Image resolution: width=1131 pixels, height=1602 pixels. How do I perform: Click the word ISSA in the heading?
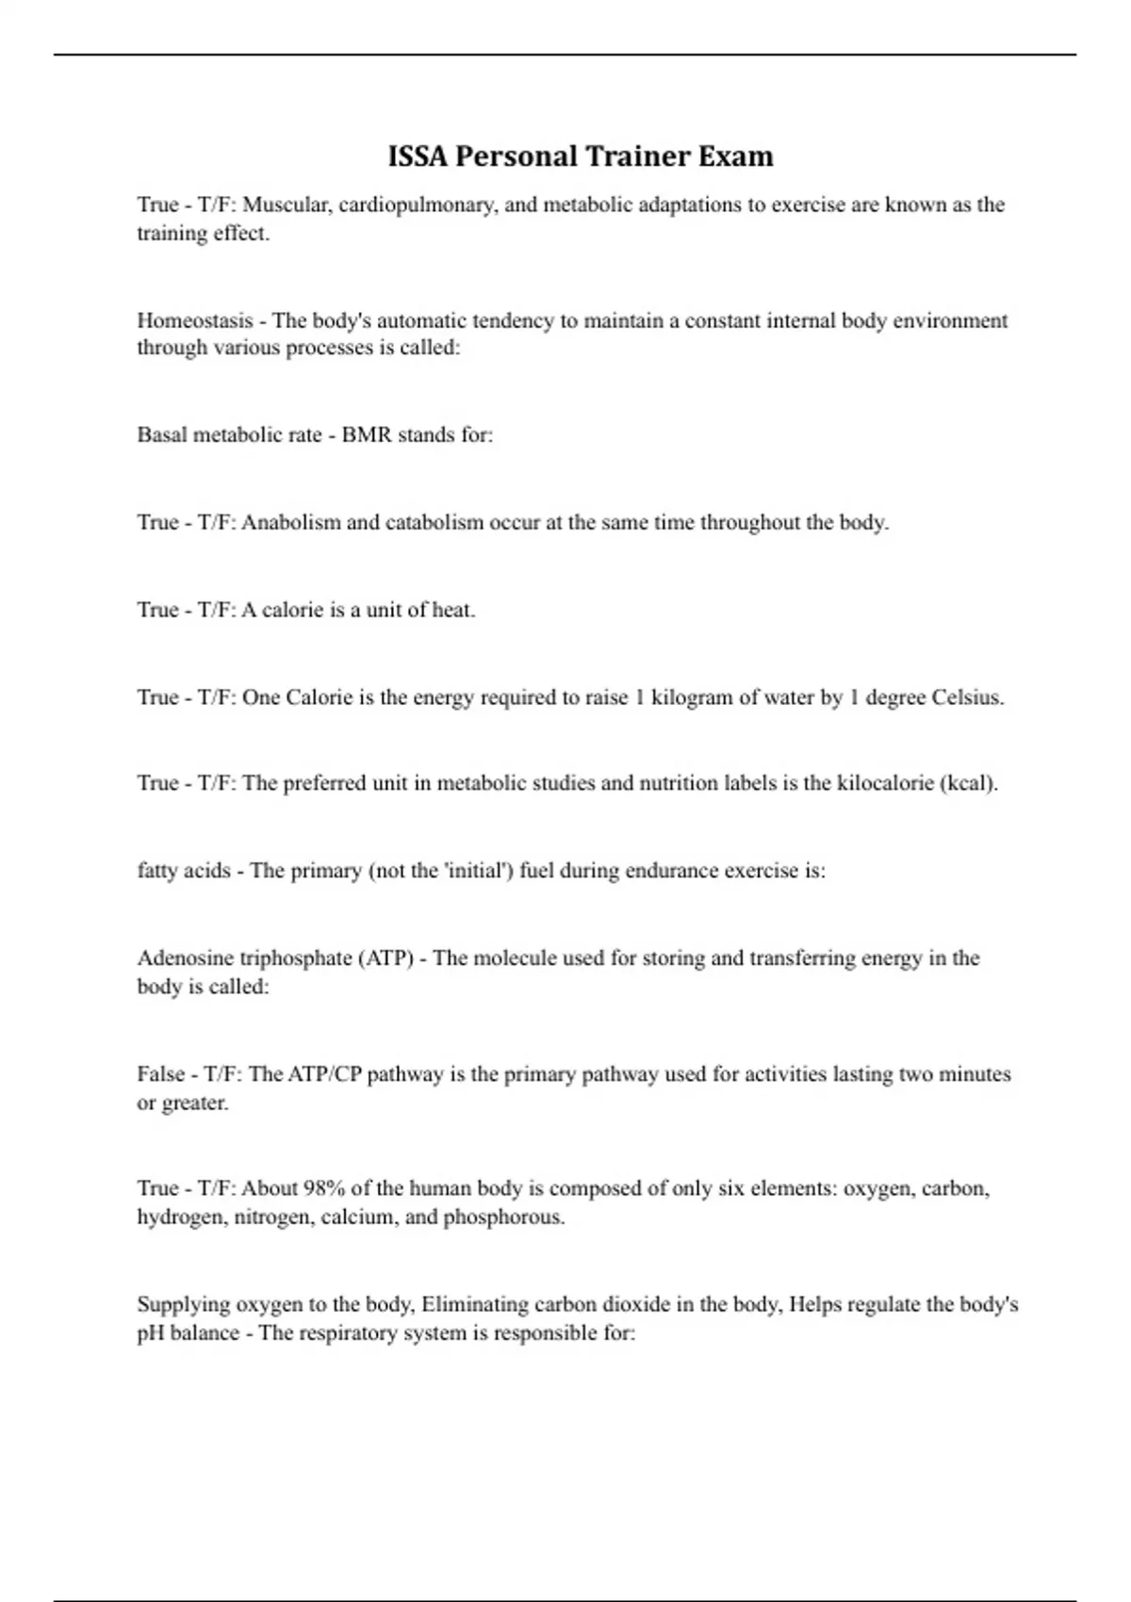pyautogui.click(x=418, y=156)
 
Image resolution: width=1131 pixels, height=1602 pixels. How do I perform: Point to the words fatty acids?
pyautogui.click(x=184, y=871)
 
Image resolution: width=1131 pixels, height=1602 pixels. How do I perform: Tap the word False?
pyautogui.click(x=160, y=1074)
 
